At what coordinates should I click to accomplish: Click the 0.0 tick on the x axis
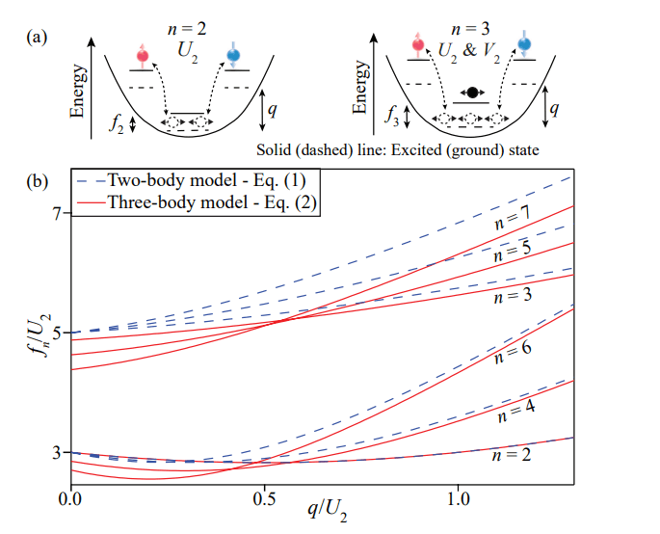tap(69, 501)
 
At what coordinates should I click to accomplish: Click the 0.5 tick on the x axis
tap(263, 501)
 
